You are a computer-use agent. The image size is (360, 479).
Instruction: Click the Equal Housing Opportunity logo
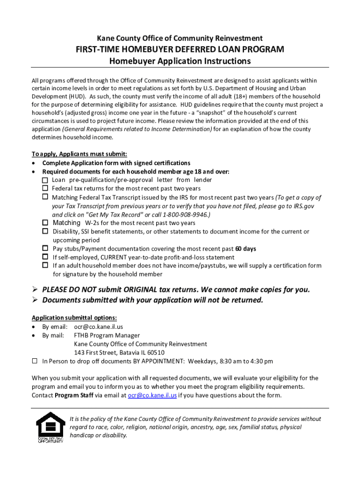point(50,428)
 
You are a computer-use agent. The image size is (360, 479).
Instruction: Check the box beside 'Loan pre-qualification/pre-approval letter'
point(45,180)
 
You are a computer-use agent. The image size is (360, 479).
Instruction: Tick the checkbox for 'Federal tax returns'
point(45,189)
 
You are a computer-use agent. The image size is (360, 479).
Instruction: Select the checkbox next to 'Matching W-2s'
point(45,223)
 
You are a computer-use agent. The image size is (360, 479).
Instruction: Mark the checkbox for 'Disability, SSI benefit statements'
point(45,232)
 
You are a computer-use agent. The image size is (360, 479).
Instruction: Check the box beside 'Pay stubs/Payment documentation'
point(45,248)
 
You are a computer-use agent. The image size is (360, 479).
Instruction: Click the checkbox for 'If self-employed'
point(45,257)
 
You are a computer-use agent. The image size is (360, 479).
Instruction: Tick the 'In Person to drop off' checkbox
point(35,361)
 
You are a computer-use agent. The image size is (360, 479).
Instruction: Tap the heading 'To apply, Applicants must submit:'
point(79,154)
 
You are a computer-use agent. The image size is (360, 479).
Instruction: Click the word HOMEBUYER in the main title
point(155,50)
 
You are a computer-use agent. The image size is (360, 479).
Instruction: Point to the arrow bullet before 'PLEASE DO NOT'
point(35,290)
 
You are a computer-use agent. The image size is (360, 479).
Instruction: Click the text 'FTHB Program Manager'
point(107,335)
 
